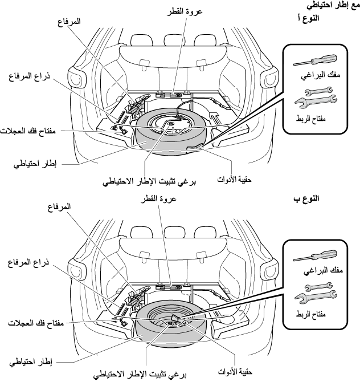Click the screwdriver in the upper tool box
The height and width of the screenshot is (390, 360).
click(x=313, y=61)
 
